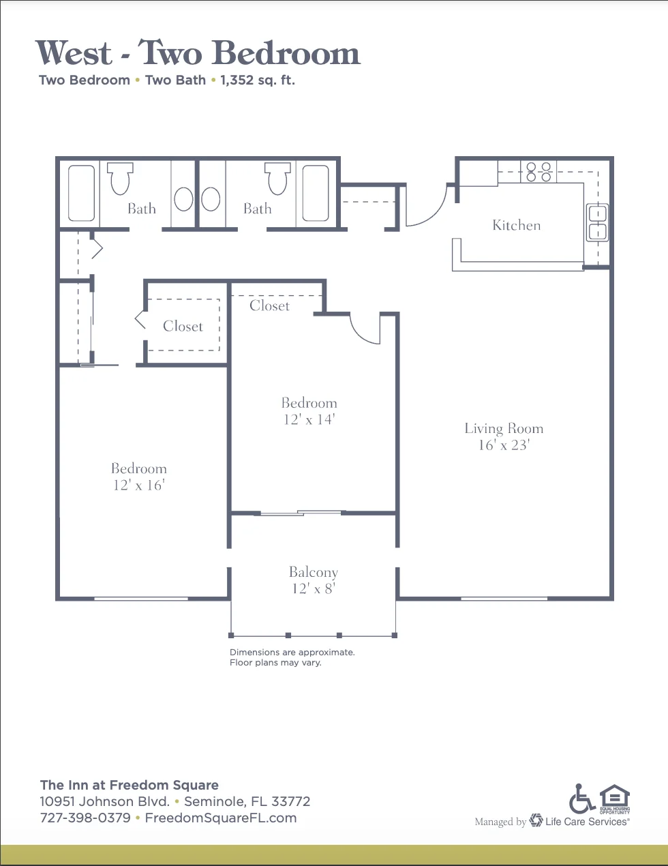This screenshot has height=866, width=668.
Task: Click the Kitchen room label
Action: click(516, 225)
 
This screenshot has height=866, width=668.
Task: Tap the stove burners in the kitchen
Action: click(538, 172)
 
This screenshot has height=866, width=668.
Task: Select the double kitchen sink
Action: click(598, 222)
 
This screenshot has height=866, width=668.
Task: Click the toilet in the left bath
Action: click(120, 179)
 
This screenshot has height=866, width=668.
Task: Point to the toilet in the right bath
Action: click(277, 179)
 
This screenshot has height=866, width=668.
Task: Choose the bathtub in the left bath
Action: click(81, 193)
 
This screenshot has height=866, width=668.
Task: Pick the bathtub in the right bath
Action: click(316, 193)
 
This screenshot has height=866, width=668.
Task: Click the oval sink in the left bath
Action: click(183, 199)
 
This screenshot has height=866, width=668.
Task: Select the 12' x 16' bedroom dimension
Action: click(138, 485)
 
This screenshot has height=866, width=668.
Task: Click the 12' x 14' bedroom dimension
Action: click(309, 419)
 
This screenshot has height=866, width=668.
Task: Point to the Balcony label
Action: click(314, 572)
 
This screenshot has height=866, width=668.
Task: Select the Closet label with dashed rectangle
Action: click(183, 326)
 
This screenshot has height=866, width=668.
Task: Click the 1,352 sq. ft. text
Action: click(258, 80)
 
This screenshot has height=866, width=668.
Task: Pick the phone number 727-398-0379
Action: click(85, 818)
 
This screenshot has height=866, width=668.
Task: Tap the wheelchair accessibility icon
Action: click(582, 798)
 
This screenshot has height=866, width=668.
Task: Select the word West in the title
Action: click(74, 53)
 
